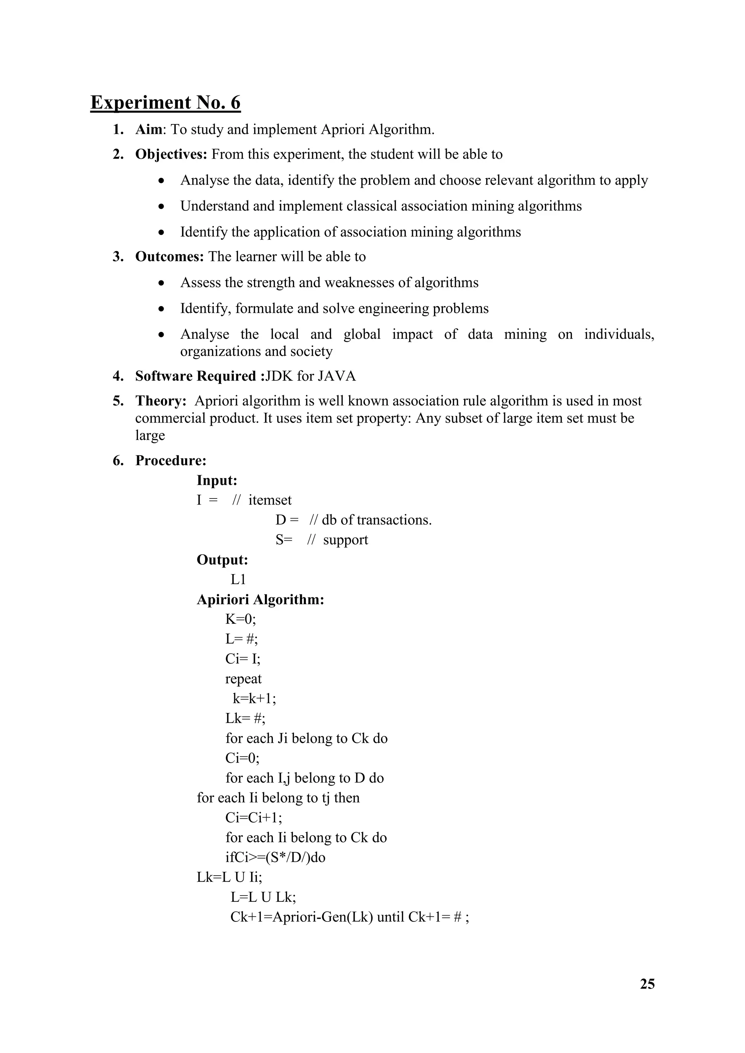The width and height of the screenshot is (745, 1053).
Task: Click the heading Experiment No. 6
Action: click(x=165, y=102)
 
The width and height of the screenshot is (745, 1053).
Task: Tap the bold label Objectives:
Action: click(x=171, y=155)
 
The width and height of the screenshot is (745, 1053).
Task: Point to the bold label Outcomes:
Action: click(x=169, y=257)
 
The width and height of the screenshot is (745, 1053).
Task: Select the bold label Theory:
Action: click(x=160, y=401)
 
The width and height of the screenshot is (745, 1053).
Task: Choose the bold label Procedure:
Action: click(x=171, y=461)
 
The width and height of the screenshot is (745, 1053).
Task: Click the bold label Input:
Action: click(x=216, y=481)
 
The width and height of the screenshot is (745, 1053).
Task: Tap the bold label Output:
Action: click(x=222, y=560)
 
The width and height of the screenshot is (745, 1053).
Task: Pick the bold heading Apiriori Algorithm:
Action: click(x=260, y=600)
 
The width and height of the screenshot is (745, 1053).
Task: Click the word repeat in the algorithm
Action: click(x=243, y=679)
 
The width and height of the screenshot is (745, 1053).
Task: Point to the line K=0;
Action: click(x=240, y=620)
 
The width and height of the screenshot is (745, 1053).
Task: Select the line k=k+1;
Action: click(x=254, y=699)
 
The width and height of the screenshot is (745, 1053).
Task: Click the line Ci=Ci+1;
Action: click(x=254, y=818)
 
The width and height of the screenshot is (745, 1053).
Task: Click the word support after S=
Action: click(x=346, y=540)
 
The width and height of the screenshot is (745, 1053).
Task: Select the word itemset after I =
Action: click(x=270, y=500)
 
